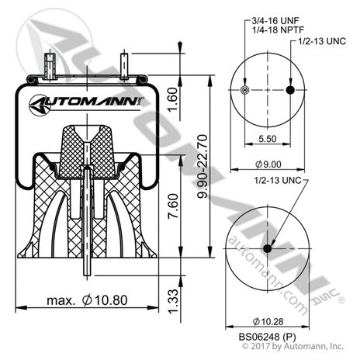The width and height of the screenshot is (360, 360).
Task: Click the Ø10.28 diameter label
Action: pyautogui.click(x=267, y=320)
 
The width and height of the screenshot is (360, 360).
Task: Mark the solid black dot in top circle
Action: pyautogui.click(x=290, y=91)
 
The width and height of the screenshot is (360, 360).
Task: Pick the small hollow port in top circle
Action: pyautogui.click(x=245, y=91)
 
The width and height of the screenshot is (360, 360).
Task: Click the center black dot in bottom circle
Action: pyautogui.click(x=268, y=248)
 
